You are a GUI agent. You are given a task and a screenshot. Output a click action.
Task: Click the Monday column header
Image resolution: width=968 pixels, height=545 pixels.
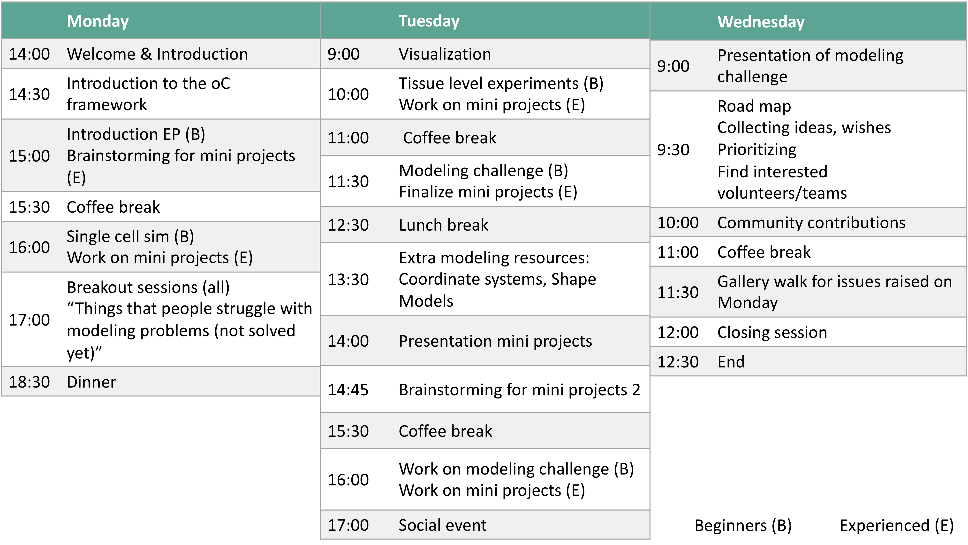click(98, 21)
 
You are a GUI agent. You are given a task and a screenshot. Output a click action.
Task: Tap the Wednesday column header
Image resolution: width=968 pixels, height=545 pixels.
click(761, 22)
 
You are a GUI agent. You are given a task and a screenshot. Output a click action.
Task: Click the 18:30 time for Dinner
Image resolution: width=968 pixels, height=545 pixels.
click(29, 382)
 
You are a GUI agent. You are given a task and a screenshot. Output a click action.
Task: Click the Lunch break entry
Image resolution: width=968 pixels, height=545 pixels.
click(443, 225)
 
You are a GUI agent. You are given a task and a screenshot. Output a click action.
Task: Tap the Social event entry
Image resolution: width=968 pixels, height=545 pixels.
click(442, 525)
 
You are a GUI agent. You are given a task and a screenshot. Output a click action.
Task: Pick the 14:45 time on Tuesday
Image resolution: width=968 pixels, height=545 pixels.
click(348, 390)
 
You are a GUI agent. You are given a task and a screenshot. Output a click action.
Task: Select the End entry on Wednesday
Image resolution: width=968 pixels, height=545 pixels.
click(731, 362)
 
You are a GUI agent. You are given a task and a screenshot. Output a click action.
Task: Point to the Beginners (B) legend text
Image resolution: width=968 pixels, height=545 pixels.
click(743, 525)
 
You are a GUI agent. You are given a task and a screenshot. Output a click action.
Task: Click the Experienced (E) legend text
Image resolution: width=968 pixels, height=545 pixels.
click(897, 525)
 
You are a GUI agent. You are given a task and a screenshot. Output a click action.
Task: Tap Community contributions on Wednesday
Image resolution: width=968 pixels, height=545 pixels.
click(811, 223)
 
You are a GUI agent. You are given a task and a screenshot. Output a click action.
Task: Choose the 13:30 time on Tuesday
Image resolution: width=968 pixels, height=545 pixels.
click(348, 280)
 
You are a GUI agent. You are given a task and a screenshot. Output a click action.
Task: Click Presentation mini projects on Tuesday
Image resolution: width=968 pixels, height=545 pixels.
click(495, 341)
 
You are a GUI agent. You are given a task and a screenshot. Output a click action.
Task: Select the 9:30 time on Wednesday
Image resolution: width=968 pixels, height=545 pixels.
click(673, 150)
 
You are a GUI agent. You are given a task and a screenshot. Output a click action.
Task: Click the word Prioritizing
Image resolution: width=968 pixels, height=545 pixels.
click(757, 150)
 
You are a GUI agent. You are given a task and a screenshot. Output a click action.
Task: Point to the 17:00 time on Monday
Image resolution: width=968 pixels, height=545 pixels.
click(29, 320)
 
